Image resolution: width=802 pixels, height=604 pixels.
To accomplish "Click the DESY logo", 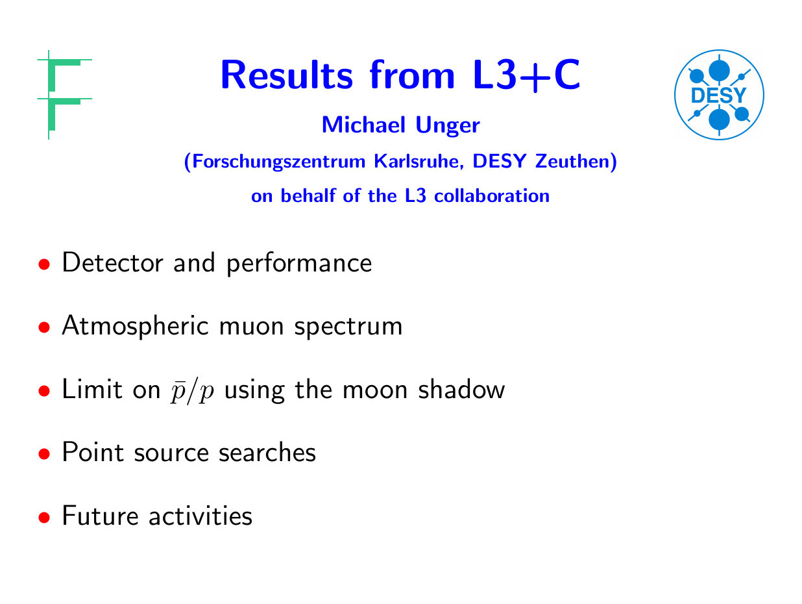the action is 719,95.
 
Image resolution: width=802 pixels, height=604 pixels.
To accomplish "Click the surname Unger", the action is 448,125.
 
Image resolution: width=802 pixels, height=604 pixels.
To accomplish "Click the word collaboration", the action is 492,195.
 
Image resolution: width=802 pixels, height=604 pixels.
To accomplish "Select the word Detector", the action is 112,262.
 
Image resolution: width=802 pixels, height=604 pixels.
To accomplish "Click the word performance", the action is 299,264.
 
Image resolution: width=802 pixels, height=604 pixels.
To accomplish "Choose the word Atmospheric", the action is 135,326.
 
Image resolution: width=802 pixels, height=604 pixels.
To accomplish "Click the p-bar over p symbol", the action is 192,391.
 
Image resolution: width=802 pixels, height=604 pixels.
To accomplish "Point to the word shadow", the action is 461,389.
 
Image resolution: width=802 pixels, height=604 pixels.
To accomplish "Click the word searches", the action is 267,453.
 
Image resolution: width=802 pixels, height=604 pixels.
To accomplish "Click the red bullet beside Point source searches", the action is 44,454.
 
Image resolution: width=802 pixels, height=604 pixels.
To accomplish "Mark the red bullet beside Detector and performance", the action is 44,264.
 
